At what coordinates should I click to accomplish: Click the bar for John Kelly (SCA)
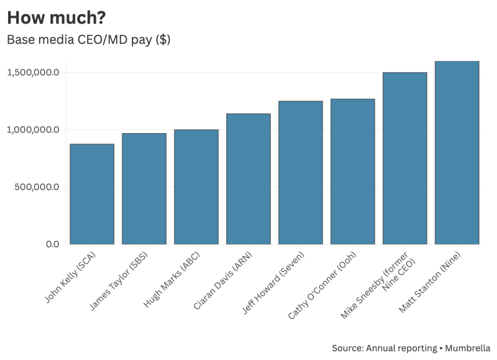[92, 194]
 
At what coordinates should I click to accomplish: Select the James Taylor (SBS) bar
[144, 188]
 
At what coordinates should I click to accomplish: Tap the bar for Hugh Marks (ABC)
[196, 187]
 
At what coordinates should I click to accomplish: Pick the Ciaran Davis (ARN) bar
[248, 179]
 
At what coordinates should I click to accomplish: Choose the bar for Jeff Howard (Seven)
[301, 172]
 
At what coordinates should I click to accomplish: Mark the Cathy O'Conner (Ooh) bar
[353, 172]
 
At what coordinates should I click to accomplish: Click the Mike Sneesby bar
[405, 158]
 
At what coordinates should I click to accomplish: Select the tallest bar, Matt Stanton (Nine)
[457, 152]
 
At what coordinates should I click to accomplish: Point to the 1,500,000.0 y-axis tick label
[33, 73]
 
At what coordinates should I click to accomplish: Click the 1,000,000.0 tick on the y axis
[33, 130]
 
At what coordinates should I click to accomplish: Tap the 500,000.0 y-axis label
[36, 187]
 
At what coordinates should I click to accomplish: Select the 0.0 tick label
[52, 244]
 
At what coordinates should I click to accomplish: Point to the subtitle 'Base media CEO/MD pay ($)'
[88, 40]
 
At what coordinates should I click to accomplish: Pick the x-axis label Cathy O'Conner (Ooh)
[330, 287]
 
